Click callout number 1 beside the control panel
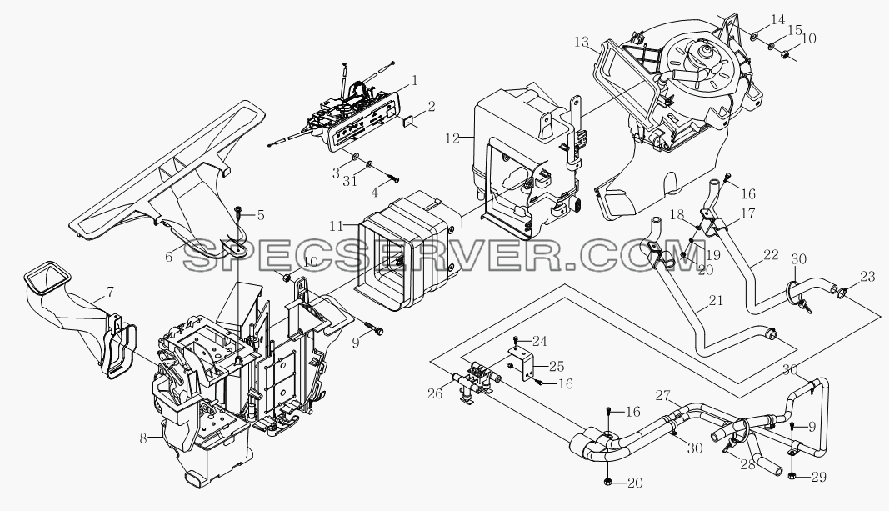(415, 81)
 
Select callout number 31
(351, 182)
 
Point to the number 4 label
(375, 193)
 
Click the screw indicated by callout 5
(238, 212)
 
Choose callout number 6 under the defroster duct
(169, 257)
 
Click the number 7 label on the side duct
(110, 293)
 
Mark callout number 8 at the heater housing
(143, 438)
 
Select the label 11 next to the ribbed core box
(337, 226)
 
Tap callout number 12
(452, 138)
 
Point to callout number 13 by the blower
(582, 43)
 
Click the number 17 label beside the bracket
(748, 213)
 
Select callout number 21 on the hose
(716, 300)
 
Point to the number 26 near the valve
(435, 393)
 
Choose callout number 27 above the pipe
(663, 395)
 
